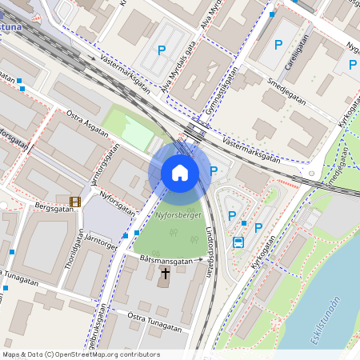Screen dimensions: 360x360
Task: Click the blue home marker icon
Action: click(180, 173)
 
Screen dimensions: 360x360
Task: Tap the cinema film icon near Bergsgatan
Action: click(75, 202)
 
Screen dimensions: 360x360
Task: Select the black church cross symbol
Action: click(164, 276)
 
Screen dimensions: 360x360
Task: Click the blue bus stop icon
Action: click(238, 242)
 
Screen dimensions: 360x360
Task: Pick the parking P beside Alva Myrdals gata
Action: click(161, 50)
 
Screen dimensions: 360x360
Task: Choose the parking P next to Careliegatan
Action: click(278, 45)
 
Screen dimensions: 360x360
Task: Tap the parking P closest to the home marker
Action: click(214, 170)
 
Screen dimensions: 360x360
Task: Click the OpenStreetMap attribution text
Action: click(81, 354)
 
